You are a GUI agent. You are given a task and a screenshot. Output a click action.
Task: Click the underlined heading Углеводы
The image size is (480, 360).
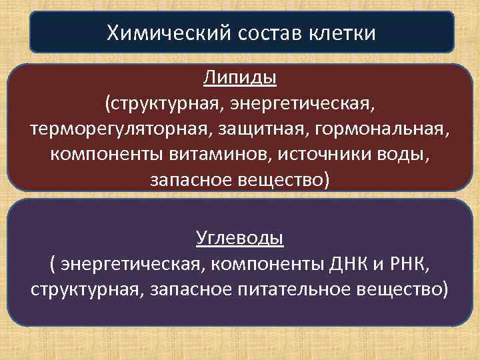pos(240,237)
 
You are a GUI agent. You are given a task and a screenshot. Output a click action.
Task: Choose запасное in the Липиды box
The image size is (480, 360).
pos(189,180)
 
